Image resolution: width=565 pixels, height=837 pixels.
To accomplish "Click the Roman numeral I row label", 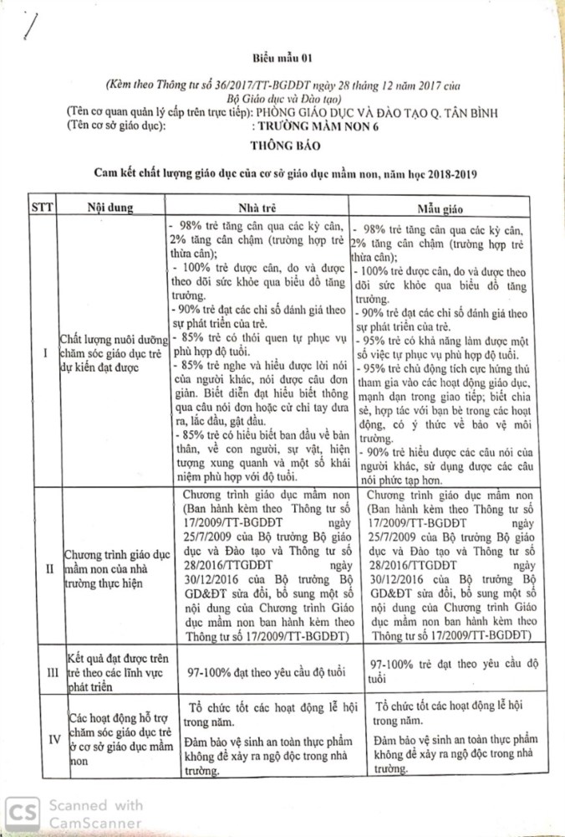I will (42, 352).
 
